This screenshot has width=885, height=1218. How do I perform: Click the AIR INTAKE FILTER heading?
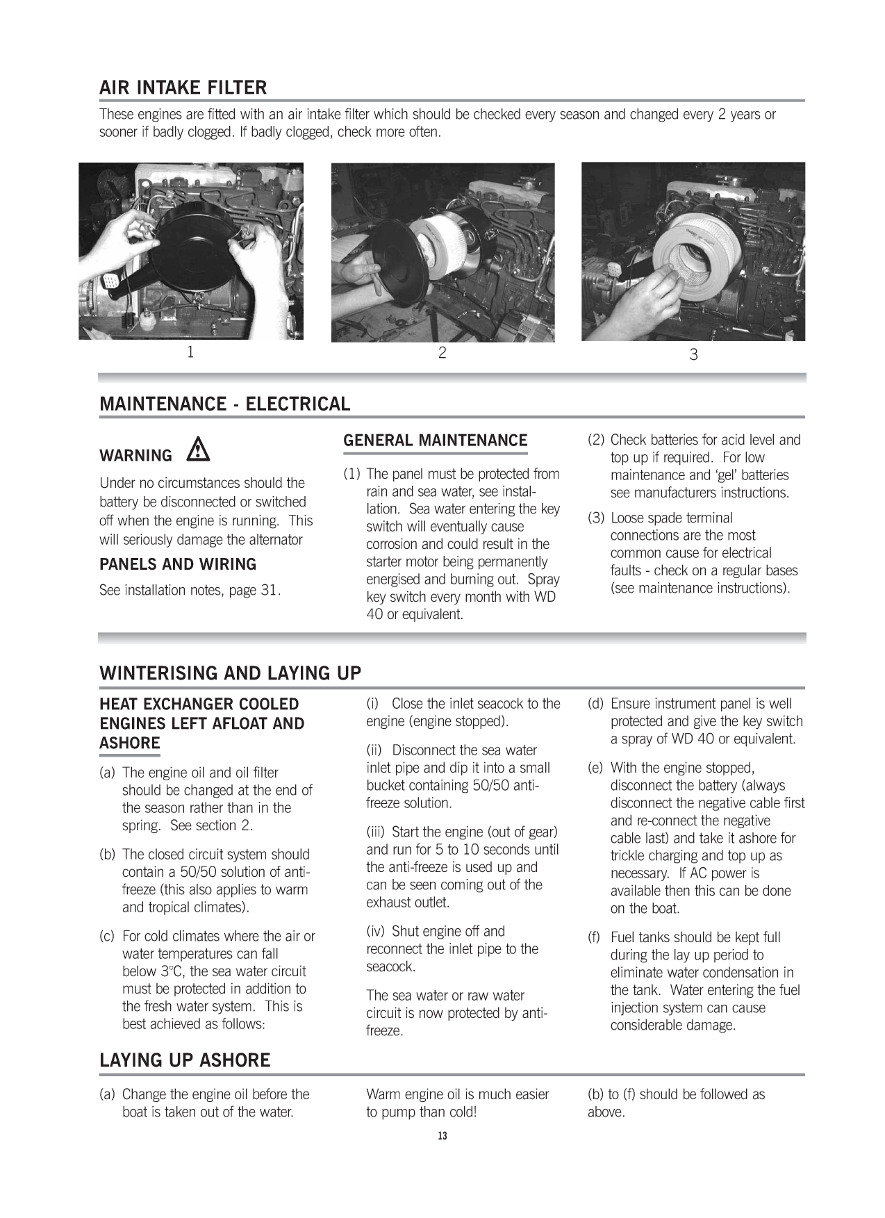point(183,88)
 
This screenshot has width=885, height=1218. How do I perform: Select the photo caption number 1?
point(190,352)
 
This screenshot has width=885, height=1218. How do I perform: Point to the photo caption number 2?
point(442,353)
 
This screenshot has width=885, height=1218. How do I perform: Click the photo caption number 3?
point(693,355)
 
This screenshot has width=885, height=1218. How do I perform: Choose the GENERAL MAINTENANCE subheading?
point(436,441)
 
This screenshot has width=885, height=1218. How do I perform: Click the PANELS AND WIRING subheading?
point(178,564)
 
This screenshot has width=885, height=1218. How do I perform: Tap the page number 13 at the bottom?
point(442,1136)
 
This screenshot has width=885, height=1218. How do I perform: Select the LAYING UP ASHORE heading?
point(185,1060)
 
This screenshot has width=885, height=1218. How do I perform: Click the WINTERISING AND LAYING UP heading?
point(231,673)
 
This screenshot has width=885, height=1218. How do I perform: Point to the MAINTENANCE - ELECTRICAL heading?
point(224,404)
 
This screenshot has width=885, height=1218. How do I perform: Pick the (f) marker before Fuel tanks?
point(595,937)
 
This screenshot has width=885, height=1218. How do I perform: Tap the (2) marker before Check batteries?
point(596,440)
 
